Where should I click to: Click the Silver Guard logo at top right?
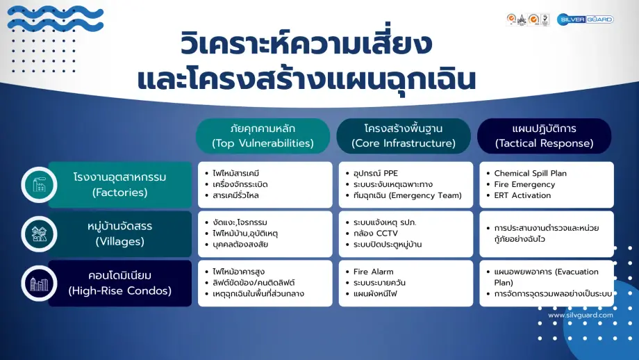586,19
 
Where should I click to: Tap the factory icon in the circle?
39,184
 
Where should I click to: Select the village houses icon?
39,234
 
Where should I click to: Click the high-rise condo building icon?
39,284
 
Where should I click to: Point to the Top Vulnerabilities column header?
263,136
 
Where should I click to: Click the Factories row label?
119,184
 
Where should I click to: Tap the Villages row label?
119,234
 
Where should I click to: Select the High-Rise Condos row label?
119,284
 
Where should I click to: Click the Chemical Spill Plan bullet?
531,173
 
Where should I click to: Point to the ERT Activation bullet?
522,195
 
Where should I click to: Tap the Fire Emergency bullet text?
524,184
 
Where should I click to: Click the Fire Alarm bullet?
374,272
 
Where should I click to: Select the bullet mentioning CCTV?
376,234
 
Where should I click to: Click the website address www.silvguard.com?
580,315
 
